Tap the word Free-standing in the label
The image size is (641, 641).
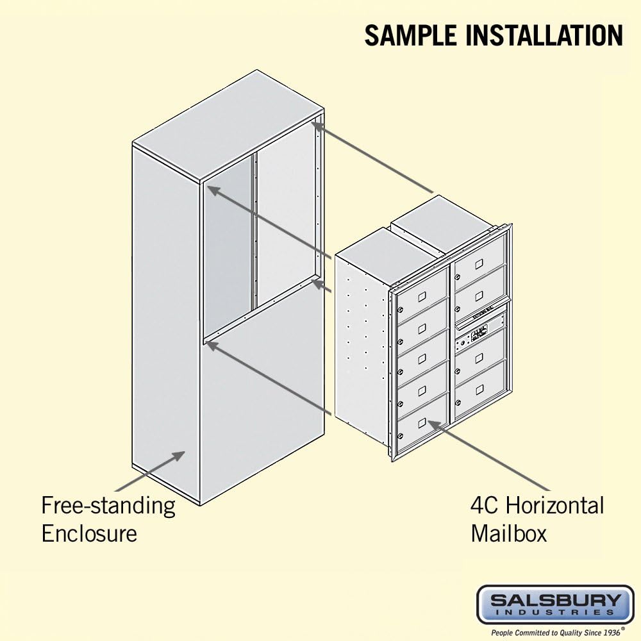(108, 506)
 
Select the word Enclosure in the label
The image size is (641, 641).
(89, 533)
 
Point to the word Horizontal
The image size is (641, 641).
(555, 506)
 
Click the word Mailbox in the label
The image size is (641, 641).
(509, 533)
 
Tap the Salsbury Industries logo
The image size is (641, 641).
(555, 604)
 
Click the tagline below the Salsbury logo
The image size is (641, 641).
(555, 632)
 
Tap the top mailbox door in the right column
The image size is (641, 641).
(479, 262)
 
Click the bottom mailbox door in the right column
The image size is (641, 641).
(479, 389)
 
